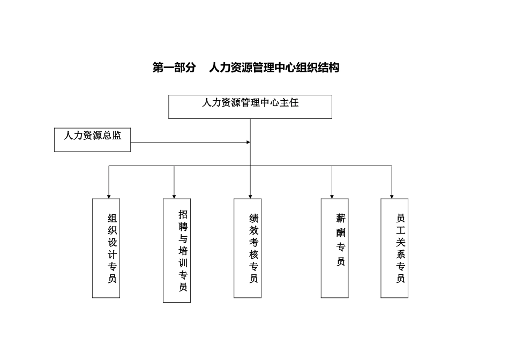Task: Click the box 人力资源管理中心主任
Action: tap(250, 107)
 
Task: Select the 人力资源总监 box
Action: tap(92, 139)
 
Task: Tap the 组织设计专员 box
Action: tap(106, 248)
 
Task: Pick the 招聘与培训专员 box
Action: tap(177, 251)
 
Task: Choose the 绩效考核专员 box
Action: tap(248, 248)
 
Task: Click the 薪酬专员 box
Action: tap(334, 248)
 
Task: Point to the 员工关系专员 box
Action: tap(394, 248)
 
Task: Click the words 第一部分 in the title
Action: tap(174, 67)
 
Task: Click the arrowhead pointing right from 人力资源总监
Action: tap(248, 142)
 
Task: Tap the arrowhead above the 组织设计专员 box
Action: tap(109, 197)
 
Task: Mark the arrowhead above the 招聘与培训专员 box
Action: tap(174, 197)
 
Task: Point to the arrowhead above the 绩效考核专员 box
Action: tap(250, 197)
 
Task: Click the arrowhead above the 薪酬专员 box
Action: tap(332, 197)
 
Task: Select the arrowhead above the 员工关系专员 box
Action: tap(392, 197)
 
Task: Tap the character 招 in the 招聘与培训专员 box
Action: tap(183, 214)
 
